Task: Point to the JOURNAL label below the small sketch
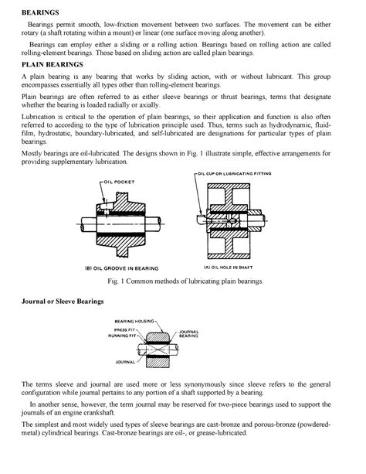pos(125,361)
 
